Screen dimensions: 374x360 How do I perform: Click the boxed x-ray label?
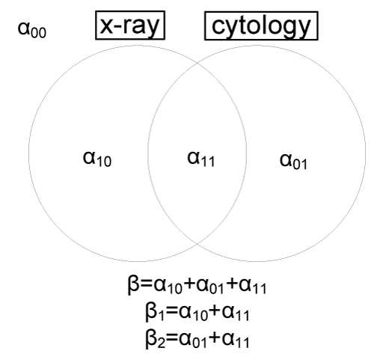[x=130, y=25]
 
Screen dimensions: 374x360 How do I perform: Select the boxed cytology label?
[x=261, y=25]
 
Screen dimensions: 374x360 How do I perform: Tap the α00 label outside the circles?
[x=32, y=30]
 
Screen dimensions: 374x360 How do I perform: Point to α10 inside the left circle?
[x=97, y=159]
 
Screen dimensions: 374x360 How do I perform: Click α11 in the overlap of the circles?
[x=200, y=159]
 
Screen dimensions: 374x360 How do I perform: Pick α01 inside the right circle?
[x=293, y=161]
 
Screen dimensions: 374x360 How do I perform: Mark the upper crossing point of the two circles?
[x=197, y=63]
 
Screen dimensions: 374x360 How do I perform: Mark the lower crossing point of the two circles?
[x=197, y=243]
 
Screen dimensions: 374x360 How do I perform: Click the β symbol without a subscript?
[x=133, y=285]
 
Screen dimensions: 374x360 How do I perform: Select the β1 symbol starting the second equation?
[x=155, y=312]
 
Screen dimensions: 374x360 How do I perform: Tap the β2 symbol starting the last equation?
[x=155, y=340]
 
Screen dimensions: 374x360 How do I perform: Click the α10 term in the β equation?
[x=168, y=286]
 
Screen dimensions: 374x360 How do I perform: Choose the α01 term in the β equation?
[x=210, y=286]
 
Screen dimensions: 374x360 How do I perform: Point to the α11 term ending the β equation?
[x=252, y=286]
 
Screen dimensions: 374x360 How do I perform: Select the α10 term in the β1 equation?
[x=193, y=313]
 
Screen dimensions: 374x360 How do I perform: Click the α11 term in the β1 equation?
[x=236, y=313]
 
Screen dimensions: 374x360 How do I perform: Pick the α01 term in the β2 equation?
[x=193, y=340]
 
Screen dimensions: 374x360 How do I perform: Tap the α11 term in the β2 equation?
[x=236, y=340]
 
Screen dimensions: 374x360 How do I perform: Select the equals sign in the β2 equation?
[x=172, y=339]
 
